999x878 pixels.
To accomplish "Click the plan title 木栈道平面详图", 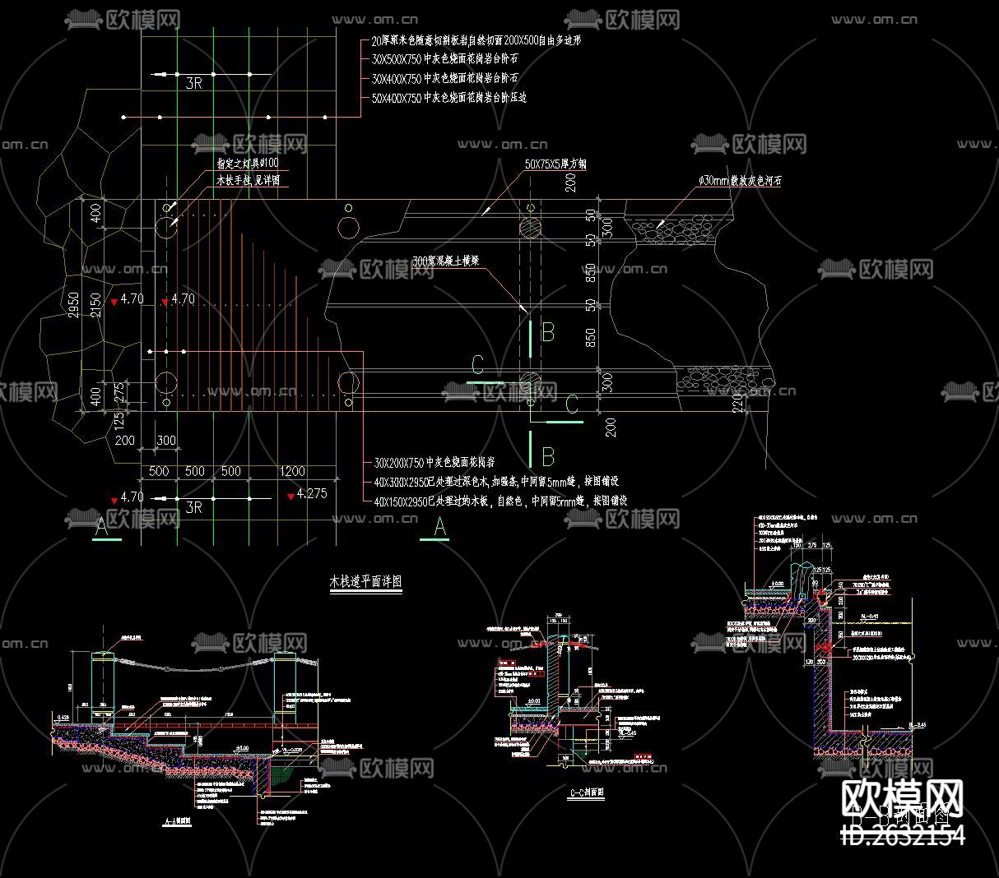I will pos(365,581).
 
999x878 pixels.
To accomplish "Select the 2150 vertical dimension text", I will pos(96,305).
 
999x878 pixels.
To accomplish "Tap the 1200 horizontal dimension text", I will pos(292,472).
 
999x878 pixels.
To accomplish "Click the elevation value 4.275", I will pos(312,494).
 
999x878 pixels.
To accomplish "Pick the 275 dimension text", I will pos(120,390).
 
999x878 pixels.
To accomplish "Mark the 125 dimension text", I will pos(120,421).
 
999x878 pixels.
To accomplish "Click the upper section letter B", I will pos(548,333).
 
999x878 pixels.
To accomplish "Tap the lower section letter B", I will pos(548,456).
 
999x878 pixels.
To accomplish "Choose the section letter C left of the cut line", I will pos(476,364).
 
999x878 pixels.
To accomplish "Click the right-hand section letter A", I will pos(439,527).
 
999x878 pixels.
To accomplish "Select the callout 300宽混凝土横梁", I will pos(446,261).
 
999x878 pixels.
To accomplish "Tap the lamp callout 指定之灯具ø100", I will pos(247,164).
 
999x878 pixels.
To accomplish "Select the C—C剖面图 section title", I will pos(587,794).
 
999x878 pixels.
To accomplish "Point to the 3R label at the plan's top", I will pos(193,83).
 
